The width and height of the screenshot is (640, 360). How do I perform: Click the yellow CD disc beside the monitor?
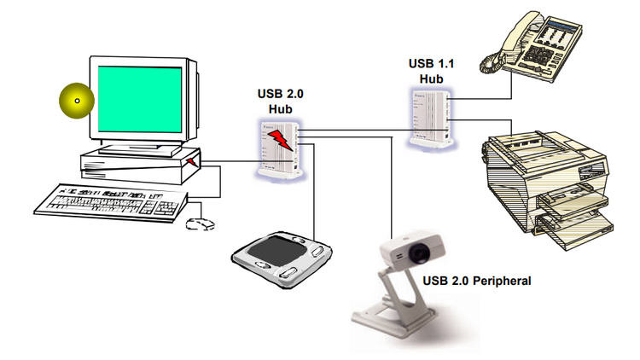[76, 102]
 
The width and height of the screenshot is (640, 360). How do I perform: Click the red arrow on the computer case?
[192, 160]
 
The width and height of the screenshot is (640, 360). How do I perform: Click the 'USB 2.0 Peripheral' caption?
[477, 281]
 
